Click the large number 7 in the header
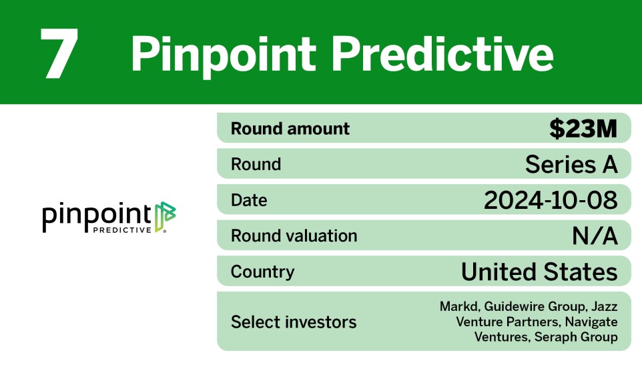59,53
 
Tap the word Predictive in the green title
442,53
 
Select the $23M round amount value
583,128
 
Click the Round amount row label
290,129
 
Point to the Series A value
571,164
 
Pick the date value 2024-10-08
551,200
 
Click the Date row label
249,200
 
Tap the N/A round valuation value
595,236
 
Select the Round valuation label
294,236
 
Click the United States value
539,272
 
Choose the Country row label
262,272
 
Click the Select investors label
294,322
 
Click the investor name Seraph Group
576,337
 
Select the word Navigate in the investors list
591,322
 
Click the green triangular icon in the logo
165,217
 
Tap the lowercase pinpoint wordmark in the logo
97,216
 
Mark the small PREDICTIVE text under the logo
122,230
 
